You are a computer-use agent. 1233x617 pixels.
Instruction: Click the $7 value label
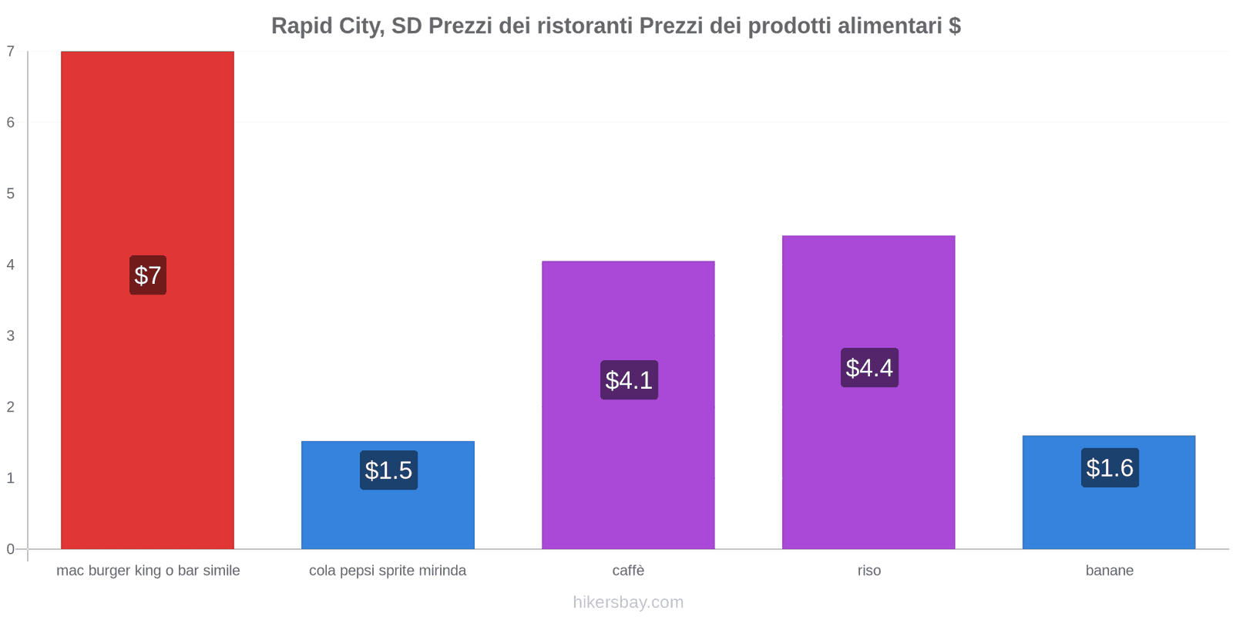click(148, 275)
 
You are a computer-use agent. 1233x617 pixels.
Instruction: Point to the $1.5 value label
click(388, 470)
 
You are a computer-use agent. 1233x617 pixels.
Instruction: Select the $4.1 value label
click(629, 379)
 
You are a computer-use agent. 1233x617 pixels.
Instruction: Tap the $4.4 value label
click(869, 367)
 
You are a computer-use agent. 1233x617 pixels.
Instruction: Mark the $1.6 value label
click(1110, 467)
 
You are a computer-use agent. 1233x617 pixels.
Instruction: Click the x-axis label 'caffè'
click(628, 571)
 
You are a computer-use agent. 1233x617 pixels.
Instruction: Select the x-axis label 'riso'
click(868, 571)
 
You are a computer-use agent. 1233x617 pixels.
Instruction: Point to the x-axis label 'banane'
click(1109, 571)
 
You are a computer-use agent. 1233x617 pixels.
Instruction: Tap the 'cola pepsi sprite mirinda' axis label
click(388, 571)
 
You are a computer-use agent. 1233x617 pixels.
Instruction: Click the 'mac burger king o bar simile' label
click(148, 571)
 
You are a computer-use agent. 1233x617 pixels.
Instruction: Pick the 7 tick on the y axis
click(11, 52)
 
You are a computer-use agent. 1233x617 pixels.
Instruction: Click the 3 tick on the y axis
click(11, 335)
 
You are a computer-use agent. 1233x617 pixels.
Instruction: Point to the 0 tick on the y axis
click(11, 549)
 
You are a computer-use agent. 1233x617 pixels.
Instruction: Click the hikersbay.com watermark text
click(628, 602)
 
